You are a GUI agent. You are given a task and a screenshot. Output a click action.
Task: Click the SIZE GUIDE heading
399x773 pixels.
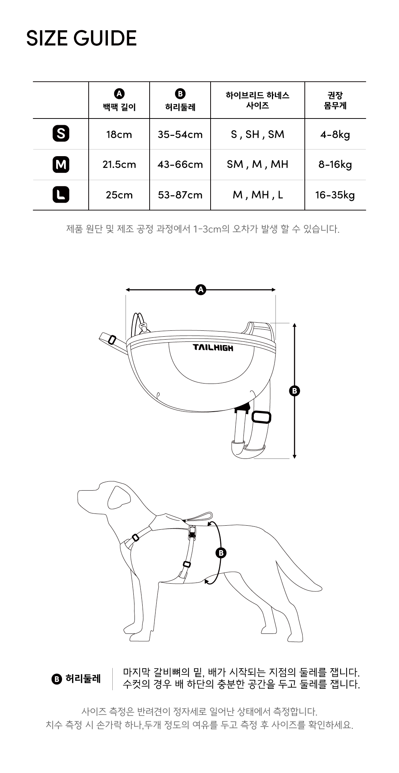point(81,38)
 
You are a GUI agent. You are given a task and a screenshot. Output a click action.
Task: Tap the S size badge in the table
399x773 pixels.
point(61,134)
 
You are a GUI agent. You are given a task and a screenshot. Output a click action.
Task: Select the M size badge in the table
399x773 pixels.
point(61,164)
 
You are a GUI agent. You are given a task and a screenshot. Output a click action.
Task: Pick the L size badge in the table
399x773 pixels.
point(61,195)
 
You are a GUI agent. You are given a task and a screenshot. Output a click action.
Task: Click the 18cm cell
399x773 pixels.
point(119,134)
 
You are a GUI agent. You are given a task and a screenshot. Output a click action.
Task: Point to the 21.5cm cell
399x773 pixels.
point(119,165)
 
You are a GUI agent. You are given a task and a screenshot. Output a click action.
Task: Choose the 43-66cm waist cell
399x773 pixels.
point(180,165)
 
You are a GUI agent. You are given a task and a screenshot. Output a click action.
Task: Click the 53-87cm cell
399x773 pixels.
point(180,195)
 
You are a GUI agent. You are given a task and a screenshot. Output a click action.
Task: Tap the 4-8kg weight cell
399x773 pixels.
point(335,135)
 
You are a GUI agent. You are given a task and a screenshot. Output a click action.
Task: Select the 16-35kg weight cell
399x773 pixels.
point(335,195)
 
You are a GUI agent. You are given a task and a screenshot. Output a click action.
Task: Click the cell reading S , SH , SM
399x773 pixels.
point(258,134)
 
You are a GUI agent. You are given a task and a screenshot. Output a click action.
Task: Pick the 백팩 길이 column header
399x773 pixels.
point(119,107)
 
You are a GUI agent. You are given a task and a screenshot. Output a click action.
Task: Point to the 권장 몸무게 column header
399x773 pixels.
point(335,100)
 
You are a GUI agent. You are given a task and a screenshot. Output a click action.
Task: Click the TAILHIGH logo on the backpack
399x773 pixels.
point(213,347)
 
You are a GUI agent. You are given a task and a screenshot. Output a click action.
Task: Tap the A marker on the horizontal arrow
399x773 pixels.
point(201,290)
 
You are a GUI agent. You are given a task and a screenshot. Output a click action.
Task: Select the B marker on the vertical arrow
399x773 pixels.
point(294,391)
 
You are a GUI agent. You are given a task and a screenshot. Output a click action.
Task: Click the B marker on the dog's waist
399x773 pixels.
point(221,553)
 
